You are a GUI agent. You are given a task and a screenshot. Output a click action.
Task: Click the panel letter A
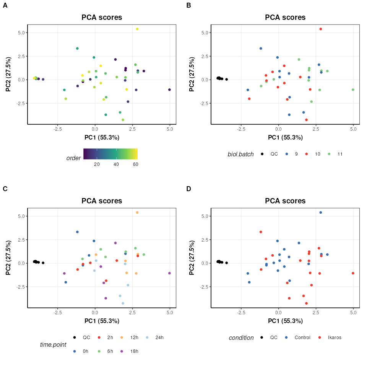pos(5,5)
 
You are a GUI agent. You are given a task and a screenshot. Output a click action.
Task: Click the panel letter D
pos(188,189)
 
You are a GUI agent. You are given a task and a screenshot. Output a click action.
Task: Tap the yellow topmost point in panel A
pos(137,29)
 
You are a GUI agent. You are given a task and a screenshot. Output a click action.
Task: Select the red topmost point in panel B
pos(321,29)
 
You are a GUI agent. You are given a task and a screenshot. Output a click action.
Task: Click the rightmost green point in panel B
pos(353,90)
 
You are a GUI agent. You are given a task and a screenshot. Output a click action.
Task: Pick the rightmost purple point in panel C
pos(169,273)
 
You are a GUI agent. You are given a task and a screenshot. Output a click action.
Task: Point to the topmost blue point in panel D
pos(321,213)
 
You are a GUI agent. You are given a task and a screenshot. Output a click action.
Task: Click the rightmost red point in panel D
pos(353,273)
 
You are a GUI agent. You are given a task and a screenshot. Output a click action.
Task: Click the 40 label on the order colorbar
pos(116,164)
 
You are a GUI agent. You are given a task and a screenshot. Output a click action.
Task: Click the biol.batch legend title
pos(241,154)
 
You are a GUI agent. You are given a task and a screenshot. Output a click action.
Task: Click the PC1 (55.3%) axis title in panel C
pos(102,321)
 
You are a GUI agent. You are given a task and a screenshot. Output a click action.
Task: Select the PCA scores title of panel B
pos(285,18)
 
